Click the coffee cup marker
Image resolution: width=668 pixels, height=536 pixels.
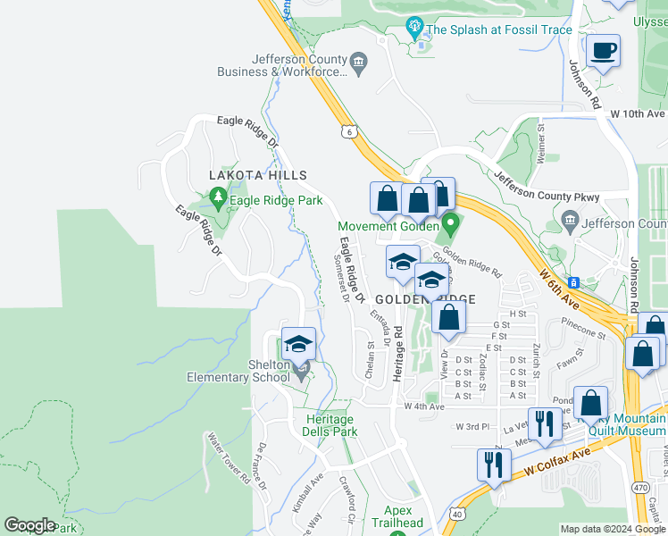604,50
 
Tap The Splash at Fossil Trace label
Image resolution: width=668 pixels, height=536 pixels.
497,29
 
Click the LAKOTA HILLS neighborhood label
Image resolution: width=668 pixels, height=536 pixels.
258,176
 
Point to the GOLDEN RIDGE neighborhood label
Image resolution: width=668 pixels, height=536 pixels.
424,298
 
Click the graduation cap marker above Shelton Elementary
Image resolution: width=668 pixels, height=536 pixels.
299,344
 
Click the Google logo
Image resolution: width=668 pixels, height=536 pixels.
29,524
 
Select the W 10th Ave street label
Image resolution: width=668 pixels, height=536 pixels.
638,114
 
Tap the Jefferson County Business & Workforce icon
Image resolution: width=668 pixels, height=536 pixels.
358,62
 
